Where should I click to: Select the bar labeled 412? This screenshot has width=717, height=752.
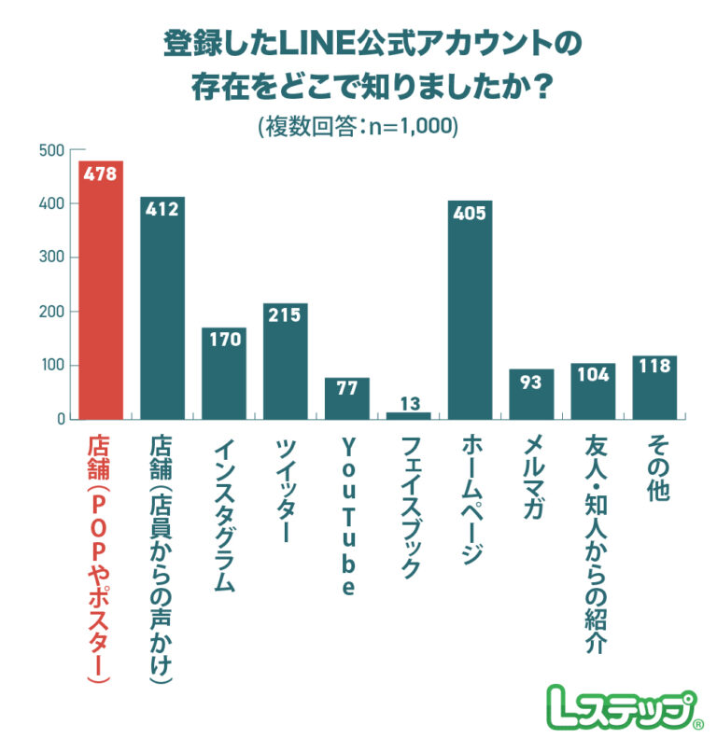(162, 308)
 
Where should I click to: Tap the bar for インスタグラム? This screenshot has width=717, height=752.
(224, 373)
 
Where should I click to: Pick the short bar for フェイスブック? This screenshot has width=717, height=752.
(408, 415)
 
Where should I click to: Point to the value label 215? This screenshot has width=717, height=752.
(285, 315)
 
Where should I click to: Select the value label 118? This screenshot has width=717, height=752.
(654, 367)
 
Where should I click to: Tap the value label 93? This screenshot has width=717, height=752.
(531, 381)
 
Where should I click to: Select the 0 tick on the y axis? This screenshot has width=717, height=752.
(60, 419)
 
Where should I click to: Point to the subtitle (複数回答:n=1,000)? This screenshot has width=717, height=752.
(358, 126)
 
